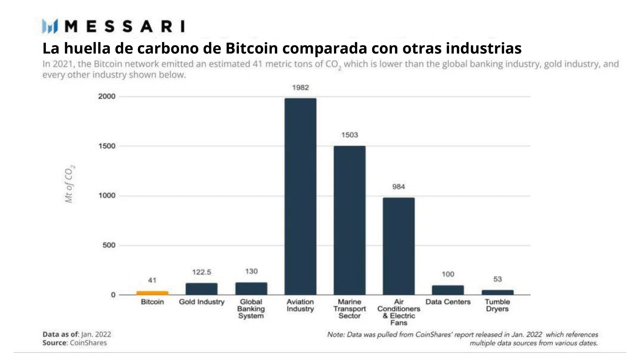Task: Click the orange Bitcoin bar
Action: click(152, 293)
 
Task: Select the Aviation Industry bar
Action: click(300, 196)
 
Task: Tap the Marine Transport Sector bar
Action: click(349, 220)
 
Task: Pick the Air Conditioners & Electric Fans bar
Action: click(399, 246)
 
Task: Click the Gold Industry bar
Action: click(201, 289)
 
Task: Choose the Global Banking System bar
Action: click(251, 289)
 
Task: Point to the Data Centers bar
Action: click(448, 290)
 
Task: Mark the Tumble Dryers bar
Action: click(497, 292)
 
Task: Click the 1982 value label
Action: click(300, 88)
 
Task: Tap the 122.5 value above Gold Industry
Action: click(201, 272)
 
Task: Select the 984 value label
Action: click(398, 187)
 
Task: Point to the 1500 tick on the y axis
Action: click(107, 146)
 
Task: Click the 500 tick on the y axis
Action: click(109, 245)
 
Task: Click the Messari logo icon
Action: click(50, 27)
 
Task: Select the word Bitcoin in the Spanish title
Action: click(251, 48)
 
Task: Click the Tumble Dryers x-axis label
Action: click(497, 305)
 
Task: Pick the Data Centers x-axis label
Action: click(448, 302)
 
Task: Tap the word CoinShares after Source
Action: click(88, 343)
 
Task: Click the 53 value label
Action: click(497, 279)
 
